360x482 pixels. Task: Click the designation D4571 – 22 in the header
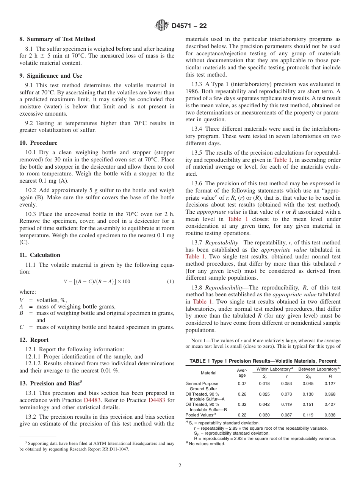point(189,26)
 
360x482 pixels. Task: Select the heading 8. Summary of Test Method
point(57,39)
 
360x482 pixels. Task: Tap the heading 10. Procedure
point(38,143)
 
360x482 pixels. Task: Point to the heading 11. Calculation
point(40,255)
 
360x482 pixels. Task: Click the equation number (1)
point(171,282)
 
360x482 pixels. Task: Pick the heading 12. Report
point(34,340)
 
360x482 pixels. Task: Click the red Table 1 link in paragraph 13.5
point(283,160)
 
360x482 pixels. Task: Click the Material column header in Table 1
point(208,373)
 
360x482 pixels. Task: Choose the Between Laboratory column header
point(319,369)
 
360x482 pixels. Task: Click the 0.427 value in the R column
point(330,404)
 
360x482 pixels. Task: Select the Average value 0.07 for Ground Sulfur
point(242,383)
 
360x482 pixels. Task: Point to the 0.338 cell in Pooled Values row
point(330,415)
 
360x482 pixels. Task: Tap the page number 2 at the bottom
point(180,466)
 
